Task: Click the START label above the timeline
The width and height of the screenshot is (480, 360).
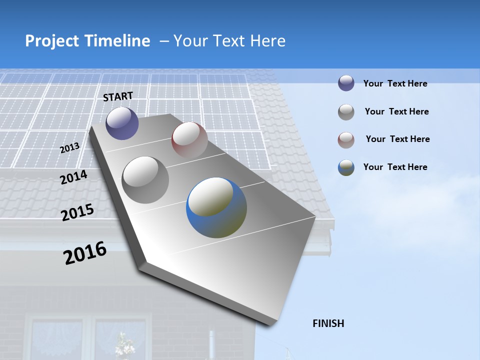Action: click(x=118, y=96)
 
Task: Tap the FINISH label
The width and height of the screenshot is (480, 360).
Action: click(x=328, y=323)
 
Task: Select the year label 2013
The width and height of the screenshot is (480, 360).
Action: click(x=69, y=148)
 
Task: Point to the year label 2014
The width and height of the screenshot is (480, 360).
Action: click(x=73, y=177)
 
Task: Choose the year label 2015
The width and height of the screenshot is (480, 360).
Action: click(x=77, y=213)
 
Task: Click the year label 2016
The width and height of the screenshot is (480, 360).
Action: click(x=85, y=252)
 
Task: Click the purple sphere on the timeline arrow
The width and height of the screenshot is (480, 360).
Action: click(x=122, y=123)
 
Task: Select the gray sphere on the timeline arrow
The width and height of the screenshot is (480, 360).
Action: click(x=145, y=179)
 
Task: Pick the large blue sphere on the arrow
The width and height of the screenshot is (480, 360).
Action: click(x=216, y=207)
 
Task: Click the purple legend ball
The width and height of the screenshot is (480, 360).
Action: click(x=346, y=83)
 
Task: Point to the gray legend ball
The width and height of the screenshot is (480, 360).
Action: click(x=346, y=112)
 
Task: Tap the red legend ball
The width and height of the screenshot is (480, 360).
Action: click(x=346, y=140)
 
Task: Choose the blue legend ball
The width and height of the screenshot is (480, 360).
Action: click(x=346, y=167)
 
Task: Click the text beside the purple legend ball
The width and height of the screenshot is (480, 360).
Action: click(x=395, y=83)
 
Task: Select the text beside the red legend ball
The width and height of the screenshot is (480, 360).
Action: click(x=397, y=139)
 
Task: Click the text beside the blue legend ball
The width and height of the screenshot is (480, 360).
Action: click(x=395, y=167)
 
